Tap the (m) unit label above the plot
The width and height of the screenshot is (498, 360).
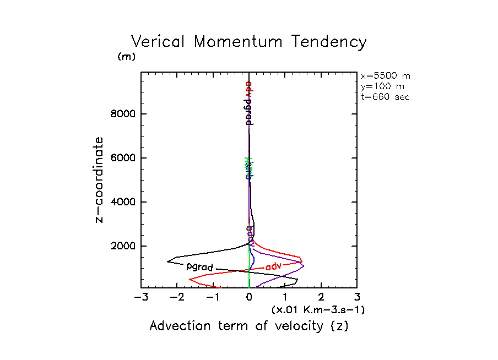(126, 57)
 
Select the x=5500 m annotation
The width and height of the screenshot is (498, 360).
(385, 76)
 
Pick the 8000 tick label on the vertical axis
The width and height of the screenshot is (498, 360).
(121, 114)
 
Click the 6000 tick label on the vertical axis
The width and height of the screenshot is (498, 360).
(121, 159)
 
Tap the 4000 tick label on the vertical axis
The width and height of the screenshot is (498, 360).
(121, 202)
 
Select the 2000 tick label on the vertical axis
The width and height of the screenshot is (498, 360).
(121, 246)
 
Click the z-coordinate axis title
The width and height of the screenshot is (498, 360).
(100, 180)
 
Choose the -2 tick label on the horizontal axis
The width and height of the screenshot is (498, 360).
(176, 298)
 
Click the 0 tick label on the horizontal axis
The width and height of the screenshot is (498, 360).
(249, 298)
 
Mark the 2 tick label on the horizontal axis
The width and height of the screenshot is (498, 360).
(321, 298)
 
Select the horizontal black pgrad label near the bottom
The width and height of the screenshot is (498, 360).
(199, 267)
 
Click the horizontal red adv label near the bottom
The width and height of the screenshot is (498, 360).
(273, 266)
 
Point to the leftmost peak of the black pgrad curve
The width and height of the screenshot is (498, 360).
(167, 261)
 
